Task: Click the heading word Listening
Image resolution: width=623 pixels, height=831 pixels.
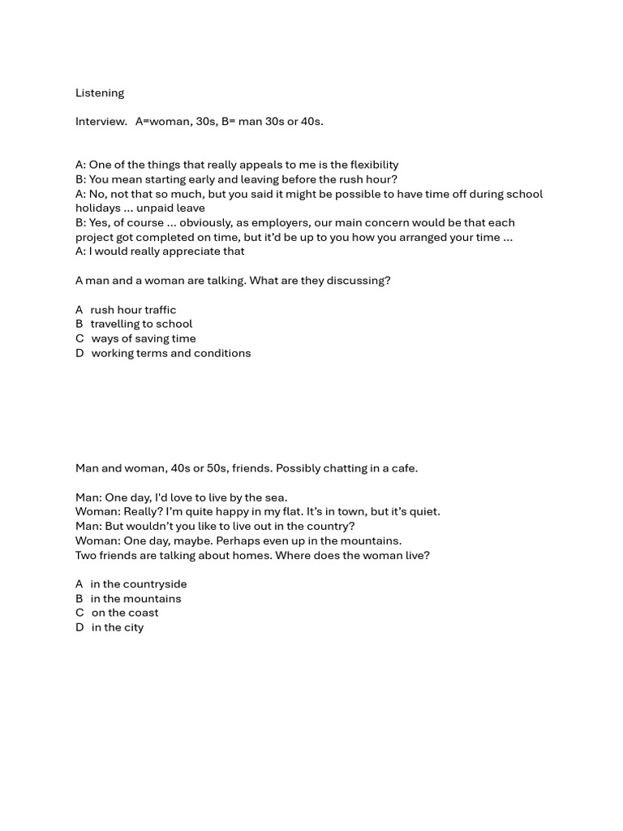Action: click(x=100, y=93)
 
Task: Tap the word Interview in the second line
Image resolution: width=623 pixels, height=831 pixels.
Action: click(x=101, y=122)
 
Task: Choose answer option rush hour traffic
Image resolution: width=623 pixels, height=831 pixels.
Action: click(x=133, y=310)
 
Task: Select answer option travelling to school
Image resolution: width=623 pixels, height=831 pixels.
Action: click(x=141, y=324)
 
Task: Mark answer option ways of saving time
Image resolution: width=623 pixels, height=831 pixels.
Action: click(x=144, y=338)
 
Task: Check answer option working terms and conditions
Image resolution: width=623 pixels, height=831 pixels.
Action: click(x=171, y=353)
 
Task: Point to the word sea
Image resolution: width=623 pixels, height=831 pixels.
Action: click(x=275, y=497)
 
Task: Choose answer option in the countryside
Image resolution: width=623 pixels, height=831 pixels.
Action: click(x=139, y=584)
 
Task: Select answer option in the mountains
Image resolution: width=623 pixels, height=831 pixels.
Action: click(x=135, y=599)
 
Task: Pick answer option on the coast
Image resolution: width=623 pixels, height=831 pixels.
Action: click(x=125, y=613)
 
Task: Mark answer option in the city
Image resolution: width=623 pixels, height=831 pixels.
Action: click(x=118, y=627)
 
